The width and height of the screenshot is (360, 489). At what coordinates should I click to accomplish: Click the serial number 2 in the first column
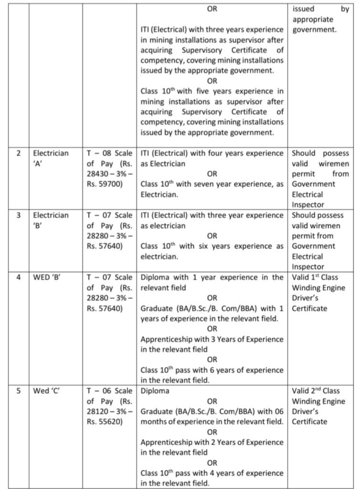point(19,153)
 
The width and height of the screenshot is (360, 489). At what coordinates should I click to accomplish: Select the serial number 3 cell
point(19,215)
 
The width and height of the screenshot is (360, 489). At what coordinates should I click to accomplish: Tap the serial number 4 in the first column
point(19,277)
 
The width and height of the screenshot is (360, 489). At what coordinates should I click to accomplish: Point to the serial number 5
point(19,391)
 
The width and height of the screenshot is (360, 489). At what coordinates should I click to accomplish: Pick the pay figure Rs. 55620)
point(104,422)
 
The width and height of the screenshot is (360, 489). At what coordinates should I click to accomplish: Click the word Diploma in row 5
point(156,391)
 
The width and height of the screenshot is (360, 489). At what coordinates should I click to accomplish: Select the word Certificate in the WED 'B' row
point(309,308)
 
